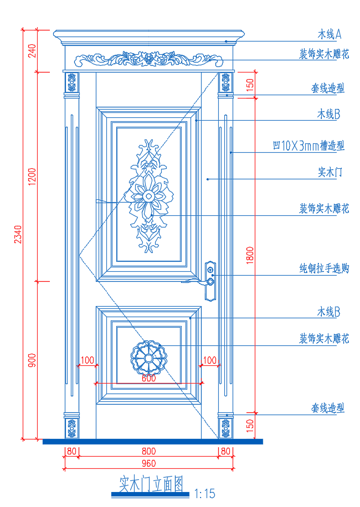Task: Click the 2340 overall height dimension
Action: (18, 234)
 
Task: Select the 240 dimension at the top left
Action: (32, 51)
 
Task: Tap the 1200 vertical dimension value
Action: (32, 176)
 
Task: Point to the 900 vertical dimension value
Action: (32, 360)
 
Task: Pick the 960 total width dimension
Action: (148, 463)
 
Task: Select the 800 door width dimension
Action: (148, 452)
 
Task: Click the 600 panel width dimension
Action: (148, 379)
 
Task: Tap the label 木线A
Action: (328, 34)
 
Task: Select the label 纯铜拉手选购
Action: (324, 268)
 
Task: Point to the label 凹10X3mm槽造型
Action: (308, 146)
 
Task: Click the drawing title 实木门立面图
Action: (151, 484)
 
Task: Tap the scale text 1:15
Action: (204, 494)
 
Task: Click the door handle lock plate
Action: (210, 281)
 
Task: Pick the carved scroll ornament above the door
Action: (148, 59)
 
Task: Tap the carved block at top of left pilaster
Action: (71, 83)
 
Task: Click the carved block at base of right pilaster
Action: (226, 427)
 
